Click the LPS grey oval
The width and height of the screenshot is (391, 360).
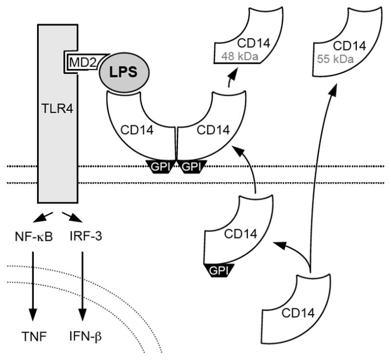click(124, 72)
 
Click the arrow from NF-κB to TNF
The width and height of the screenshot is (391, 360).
click(33, 283)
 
